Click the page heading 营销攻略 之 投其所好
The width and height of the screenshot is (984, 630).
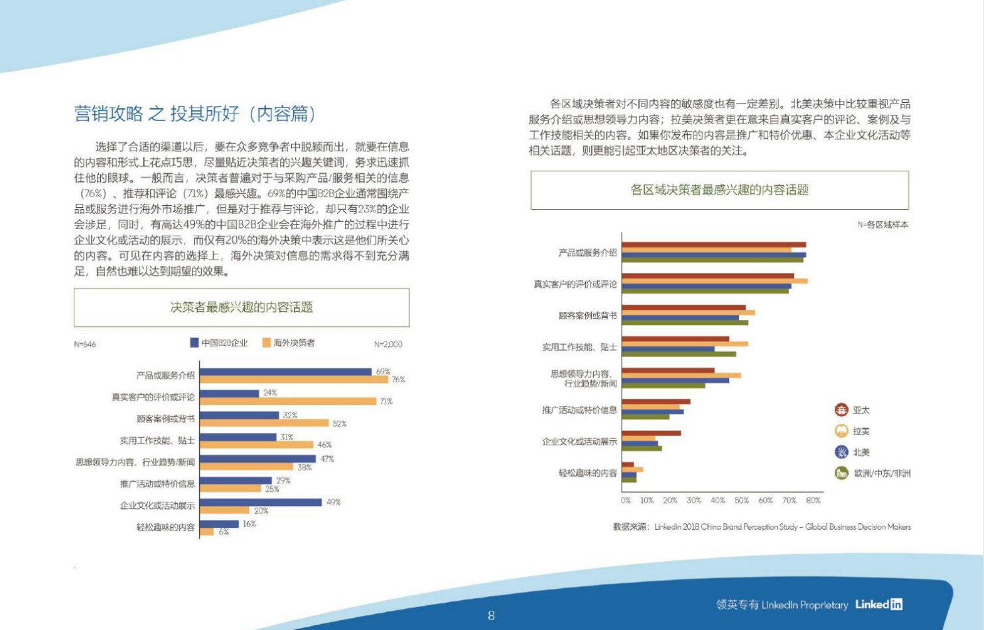click(x=195, y=114)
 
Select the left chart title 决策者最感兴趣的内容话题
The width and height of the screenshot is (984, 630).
click(x=242, y=307)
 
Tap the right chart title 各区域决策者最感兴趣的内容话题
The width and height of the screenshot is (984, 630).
click(x=719, y=190)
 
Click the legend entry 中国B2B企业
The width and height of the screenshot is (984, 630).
click(x=219, y=343)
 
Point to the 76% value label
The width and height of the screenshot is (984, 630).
click(x=398, y=380)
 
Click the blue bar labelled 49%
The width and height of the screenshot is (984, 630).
click(x=261, y=503)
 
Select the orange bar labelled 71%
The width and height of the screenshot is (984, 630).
click(x=288, y=401)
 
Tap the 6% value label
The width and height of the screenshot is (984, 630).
click(x=224, y=532)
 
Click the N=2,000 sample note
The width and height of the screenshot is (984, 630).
click(x=388, y=344)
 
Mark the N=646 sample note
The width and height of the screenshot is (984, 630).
click(x=85, y=344)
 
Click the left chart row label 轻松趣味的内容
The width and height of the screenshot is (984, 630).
click(x=165, y=527)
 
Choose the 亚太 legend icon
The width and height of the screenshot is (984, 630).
click(x=841, y=410)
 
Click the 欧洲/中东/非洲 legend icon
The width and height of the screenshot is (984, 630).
click(x=841, y=473)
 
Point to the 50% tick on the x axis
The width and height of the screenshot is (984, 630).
click(x=742, y=501)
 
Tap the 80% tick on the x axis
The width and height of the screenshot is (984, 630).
click(x=813, y=501)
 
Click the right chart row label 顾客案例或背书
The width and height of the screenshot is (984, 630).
click(x=587, y=315)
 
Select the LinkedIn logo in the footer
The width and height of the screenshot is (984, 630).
click(x=879, y=604)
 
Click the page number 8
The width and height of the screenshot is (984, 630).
click(x=491, y=615)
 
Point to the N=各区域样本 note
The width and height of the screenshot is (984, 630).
click(x=882, y=224)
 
